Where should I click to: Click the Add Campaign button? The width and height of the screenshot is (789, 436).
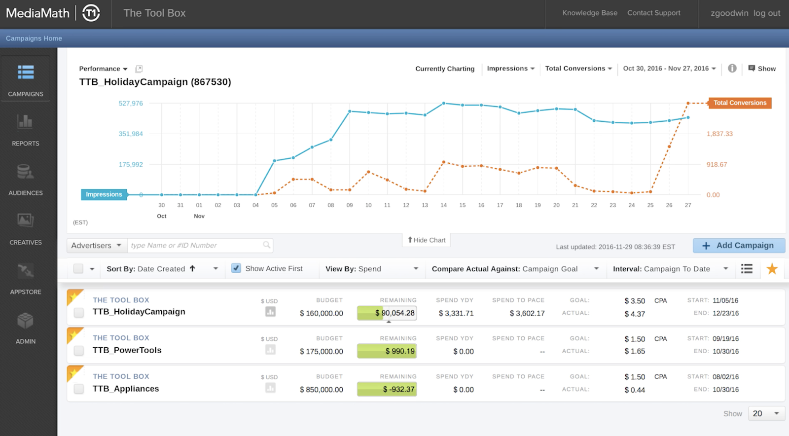click(738, 246)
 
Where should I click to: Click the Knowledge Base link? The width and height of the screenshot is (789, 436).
click(589, 13)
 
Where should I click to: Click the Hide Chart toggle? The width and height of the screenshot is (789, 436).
click(427, 240)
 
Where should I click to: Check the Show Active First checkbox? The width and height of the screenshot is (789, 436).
click(236, 268)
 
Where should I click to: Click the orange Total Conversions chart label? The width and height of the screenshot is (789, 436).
click(739, 103)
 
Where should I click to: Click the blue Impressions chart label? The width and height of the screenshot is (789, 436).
click(104, 194)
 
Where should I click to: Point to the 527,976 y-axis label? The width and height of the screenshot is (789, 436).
click(131, 104)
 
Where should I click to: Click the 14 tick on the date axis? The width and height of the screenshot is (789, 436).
click(443, 205)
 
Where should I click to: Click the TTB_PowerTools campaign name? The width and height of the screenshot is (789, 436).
click(127, 350)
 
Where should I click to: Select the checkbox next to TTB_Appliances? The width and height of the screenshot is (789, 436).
click(78, 389)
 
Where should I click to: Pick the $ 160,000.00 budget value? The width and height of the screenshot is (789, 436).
click(321, 313)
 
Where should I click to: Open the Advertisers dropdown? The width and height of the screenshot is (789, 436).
click(96, 246)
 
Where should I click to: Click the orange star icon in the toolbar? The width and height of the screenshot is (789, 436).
click(772, 269)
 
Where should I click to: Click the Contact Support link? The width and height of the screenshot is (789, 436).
click(653, 13)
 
